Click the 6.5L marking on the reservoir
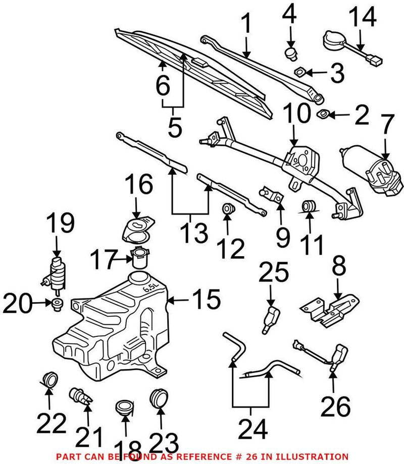[x=150, y=289]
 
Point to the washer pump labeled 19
[x=57, y=273]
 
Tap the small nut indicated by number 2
[x=322, y=115]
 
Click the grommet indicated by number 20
[x=58, y=303]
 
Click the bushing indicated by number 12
[x=227, y=209]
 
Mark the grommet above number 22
[x=50, y=380]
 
